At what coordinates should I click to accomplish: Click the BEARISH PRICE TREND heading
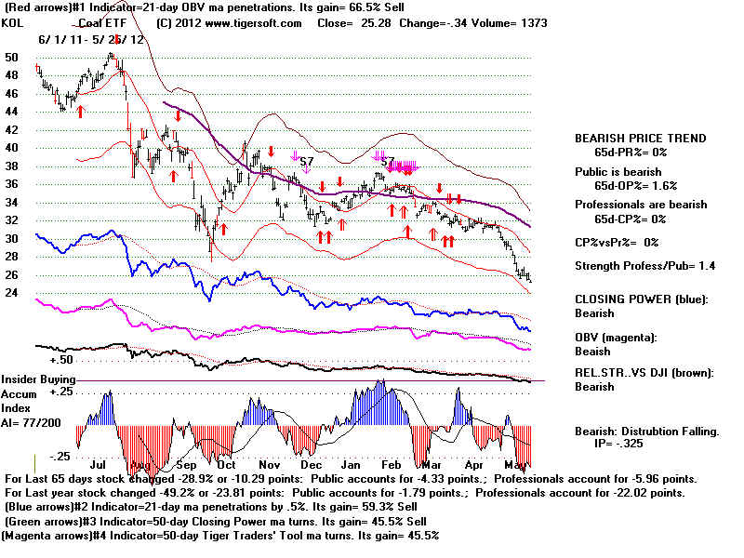pos(640,139)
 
